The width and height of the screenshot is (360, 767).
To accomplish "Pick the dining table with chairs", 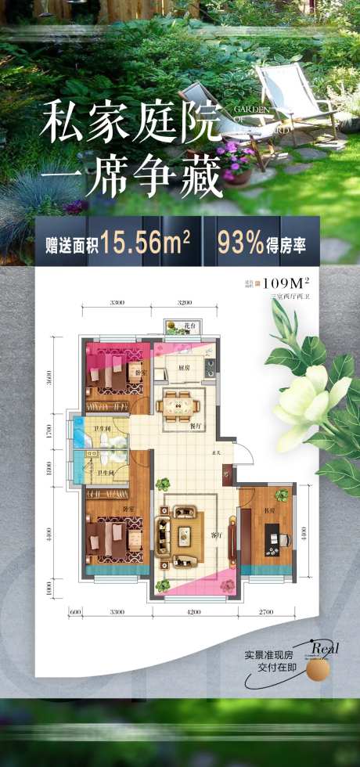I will click(181, 405).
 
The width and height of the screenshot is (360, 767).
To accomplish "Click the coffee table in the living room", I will click(185, 535).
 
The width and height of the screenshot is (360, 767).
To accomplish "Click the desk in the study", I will click(274, 539).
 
